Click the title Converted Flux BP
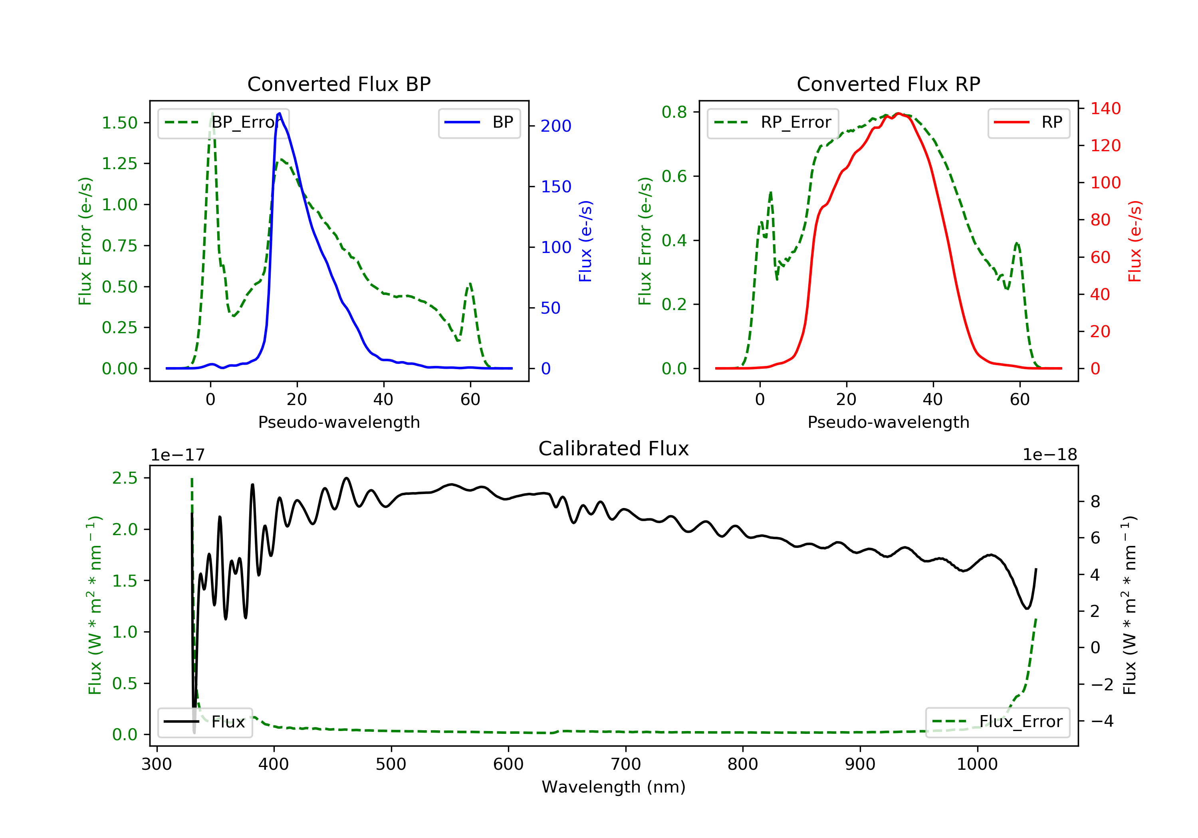point(339,84)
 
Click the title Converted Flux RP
point(888,84)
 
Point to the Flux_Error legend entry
point(997,722)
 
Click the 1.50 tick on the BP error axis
point(119,123)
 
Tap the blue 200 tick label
point(556,126)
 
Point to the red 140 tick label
point(1105,109)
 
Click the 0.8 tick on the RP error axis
point(674,112)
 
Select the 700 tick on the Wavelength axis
point(625,765)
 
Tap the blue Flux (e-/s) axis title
point(585,241)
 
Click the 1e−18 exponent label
point(1049,455)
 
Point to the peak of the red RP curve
point(898,113)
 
